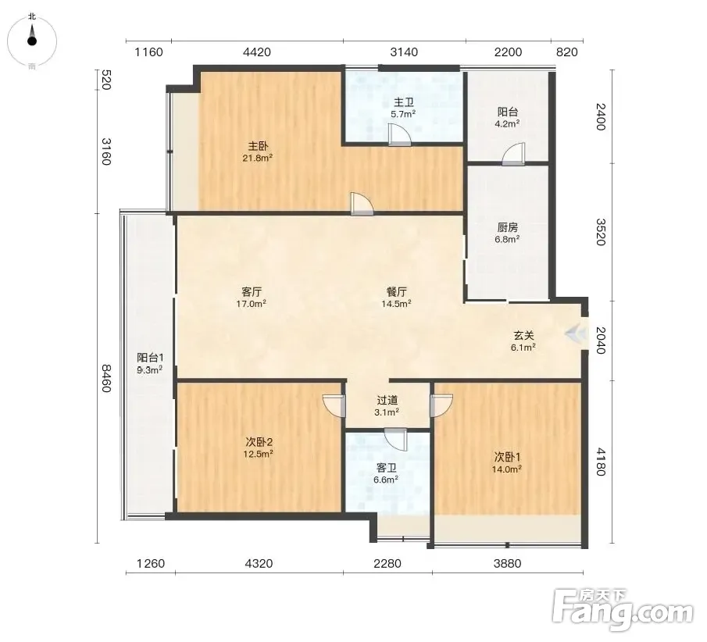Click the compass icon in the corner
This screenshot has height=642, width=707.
[31, 41]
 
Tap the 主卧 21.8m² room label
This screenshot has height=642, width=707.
[258, 152]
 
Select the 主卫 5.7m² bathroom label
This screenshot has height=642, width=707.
[403, 109]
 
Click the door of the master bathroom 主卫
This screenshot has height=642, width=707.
[399, 135]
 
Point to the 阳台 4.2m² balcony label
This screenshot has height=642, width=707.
[507, 117]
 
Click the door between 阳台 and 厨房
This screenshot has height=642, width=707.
[513, 154]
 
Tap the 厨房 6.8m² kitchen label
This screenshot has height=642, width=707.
[507, 233]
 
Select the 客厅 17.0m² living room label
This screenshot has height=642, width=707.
[252, 298]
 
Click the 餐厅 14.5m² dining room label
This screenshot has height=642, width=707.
[396, 298]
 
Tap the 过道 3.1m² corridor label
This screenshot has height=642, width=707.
[387, 406]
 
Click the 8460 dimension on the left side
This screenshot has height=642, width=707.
[105, 378]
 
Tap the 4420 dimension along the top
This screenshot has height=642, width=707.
[257, 52]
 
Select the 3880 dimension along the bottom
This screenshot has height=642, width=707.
[507, 564]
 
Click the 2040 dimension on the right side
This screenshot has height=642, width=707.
[600, 341]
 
